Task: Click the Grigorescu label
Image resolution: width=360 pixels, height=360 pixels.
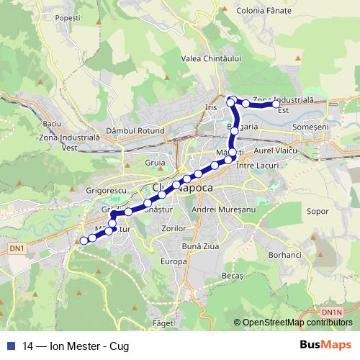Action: coord(107,189)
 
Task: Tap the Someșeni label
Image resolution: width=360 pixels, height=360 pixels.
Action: coord(311,126)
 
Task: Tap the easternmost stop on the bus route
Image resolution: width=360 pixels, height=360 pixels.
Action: coord(276,104)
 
